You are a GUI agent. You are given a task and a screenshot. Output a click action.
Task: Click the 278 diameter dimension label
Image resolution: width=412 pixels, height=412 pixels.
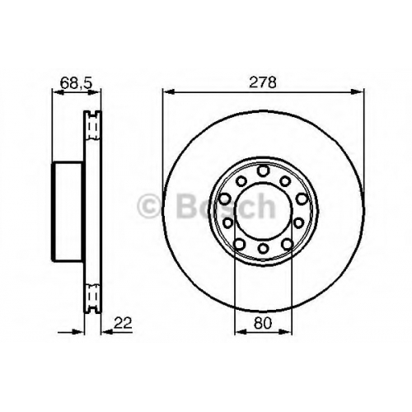[262, 82]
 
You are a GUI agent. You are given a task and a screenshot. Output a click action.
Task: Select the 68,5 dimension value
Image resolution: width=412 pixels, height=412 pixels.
[76, 83]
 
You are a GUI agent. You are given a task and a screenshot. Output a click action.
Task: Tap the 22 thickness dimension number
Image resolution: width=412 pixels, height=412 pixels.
[123, 323]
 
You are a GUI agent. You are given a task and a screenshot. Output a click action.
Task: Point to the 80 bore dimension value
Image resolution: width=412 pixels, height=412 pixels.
[263, 323]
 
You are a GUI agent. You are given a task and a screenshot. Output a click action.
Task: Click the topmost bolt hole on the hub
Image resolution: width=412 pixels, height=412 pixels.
[263, 171]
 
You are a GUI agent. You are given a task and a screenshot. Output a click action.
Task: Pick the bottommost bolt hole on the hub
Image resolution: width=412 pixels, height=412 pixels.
[263, 248]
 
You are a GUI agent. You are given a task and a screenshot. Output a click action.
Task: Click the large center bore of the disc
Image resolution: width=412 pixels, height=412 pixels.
[263, 210]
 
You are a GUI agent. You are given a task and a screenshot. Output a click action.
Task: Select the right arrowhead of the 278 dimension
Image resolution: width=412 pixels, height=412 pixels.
[358, 91]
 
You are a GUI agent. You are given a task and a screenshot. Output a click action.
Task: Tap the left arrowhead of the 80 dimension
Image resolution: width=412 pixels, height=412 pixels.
[241, 332]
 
